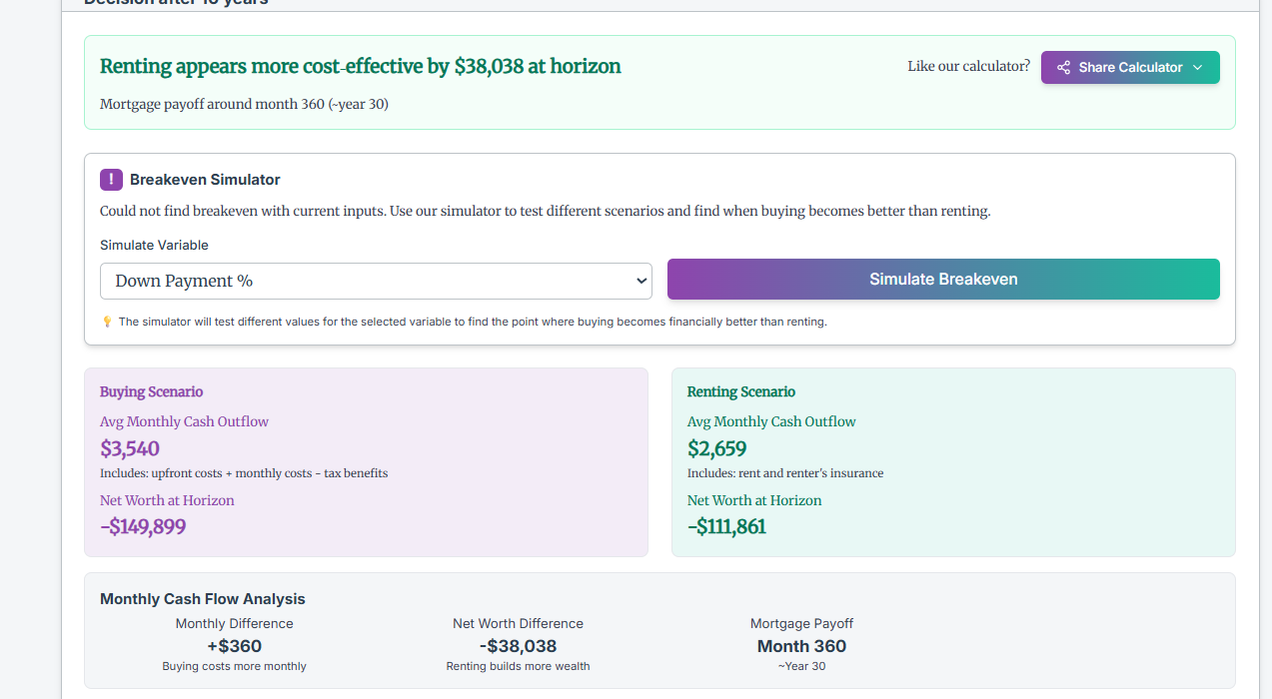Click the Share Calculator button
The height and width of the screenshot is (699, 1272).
click(1130, 67)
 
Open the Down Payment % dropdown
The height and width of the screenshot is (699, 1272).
click(376, 281)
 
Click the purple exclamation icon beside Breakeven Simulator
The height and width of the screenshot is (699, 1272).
click(111, 180)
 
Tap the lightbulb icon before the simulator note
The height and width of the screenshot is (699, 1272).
click(107, 322)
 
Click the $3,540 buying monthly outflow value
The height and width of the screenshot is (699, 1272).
click(130, 448)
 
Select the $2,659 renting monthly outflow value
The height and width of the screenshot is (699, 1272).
click(716, 448)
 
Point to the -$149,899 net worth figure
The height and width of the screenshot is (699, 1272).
click(143, 526)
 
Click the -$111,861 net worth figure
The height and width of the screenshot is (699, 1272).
click(726, 526)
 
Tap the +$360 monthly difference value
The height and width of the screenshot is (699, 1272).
click(234, 646)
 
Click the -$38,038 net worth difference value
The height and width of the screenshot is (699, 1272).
click(518, 646)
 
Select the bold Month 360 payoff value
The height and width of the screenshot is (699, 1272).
click(801, 646)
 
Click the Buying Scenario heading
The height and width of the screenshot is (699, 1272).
click(151, 391)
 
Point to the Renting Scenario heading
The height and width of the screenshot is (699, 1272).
click(741, 391)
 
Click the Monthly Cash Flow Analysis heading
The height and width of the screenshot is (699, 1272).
click(203, 599)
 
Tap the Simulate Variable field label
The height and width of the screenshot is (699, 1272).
click(154, 245)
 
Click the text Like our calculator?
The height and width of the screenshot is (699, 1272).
click(968, 66)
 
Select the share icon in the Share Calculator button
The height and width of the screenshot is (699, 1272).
click(1063, 67)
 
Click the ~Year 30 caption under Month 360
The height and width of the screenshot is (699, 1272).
click(801, 666)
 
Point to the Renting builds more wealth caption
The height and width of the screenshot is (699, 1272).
click(518, 666)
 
